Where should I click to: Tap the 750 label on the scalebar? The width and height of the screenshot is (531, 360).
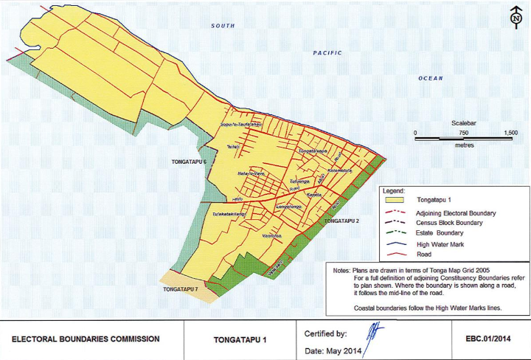[463, 133]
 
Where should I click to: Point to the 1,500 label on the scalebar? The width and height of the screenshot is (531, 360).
[509, 133]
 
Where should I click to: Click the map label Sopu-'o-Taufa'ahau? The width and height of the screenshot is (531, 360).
[242, 125]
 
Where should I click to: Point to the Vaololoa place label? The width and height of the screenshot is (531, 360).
[272, 235]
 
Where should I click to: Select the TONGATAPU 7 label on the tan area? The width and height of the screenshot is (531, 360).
[181, 289]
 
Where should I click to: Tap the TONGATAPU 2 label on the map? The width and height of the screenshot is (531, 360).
[342, 221]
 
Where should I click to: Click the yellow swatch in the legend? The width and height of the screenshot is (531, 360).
[395, 200]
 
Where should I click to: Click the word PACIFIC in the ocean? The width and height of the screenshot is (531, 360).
[327, 53]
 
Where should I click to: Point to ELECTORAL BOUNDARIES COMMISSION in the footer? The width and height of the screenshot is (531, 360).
[86, 339]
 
